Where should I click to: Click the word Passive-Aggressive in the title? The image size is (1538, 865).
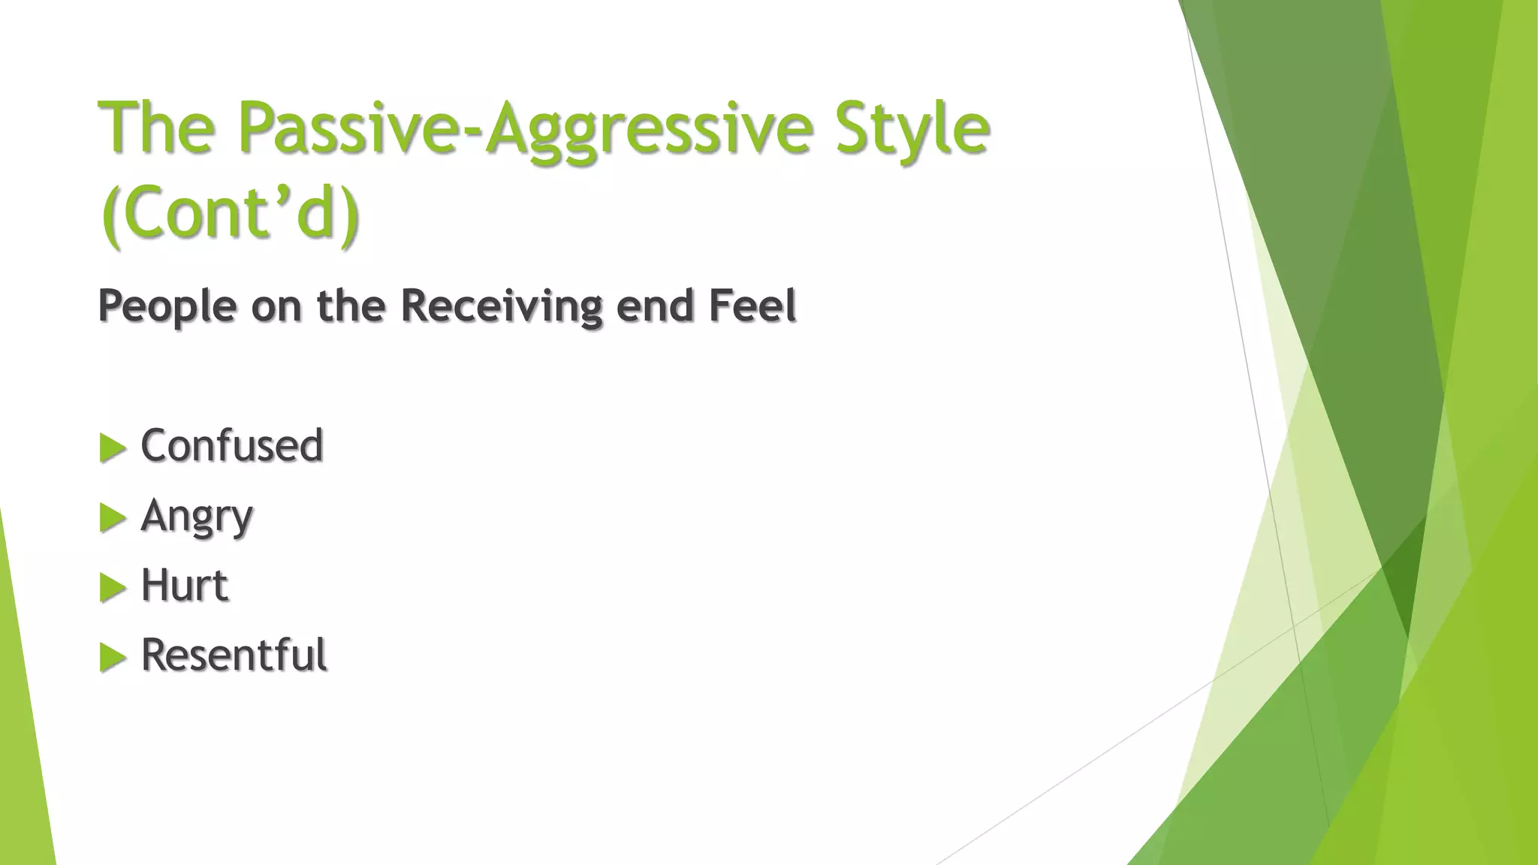525,129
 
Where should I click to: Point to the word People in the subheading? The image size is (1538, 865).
167,307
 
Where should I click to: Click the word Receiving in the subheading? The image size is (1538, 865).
502,306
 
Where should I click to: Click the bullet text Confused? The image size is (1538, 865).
232,445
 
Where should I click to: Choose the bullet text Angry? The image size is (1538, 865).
197,517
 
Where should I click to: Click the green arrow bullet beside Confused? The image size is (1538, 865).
113,448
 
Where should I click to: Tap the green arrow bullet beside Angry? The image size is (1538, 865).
113,518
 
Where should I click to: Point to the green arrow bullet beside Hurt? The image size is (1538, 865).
113,588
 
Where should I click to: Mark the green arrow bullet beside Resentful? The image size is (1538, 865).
113,658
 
